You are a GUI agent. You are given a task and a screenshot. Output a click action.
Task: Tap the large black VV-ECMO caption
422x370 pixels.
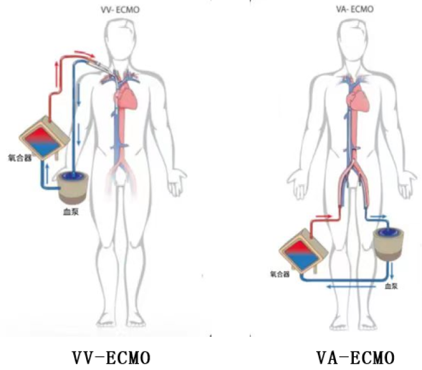111,357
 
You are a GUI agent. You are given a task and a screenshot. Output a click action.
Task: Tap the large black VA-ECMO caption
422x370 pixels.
354,357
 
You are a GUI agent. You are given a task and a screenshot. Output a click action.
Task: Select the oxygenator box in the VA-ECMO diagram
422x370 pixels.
304,247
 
